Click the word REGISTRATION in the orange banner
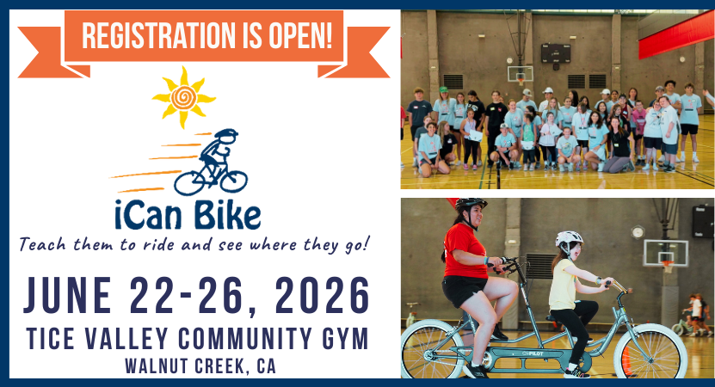pyautogui.click(x=157, y=36)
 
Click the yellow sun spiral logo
pyautogui.click(x=184, y=97)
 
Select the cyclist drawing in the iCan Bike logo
pyautogui.click(x=211, y=163)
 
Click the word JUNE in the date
pyautogui.click(x=67, y=296)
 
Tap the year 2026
pyautogui.click(x=322, y=296)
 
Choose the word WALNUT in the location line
pyautogui.click(x=155, y=366)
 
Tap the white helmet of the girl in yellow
pyautogui.click(x=569, y=238)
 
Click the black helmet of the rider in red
pyautogui.click(x=471, y=205)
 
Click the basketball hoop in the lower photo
pyautogui.click(x=668, y=265)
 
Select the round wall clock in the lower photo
pyautogui.click(x=638, y=232)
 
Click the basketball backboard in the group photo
pyautogui.click(x=521, y=73)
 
